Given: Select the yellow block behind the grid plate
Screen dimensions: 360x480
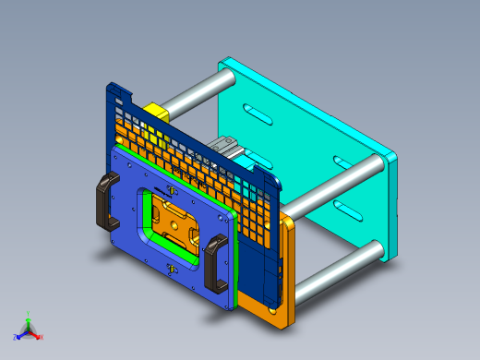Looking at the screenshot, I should click(x=154, y=112).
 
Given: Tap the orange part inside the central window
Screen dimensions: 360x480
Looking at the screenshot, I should click(x=176, y=222).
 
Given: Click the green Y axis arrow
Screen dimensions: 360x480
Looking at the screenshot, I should click(x=29, y=317).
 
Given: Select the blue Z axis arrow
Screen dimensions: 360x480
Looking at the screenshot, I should click(x=19, y=334).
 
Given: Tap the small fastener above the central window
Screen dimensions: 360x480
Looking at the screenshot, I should click(x=169, y=190).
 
